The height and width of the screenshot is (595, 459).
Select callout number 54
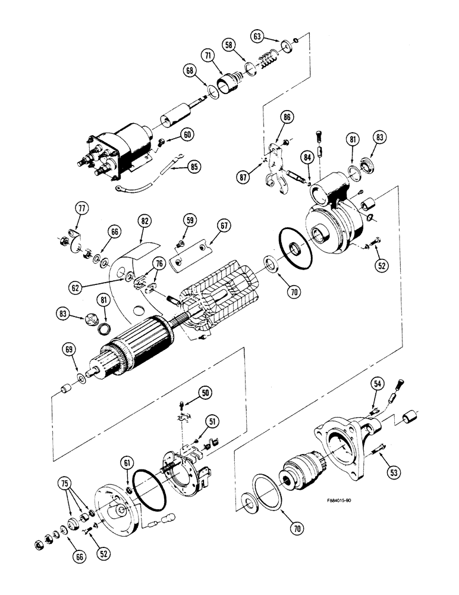click(x=376, y=384)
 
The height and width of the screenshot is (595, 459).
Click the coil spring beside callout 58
click(x=268, y=58)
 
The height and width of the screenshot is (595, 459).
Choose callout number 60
click(x=187, y=135)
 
